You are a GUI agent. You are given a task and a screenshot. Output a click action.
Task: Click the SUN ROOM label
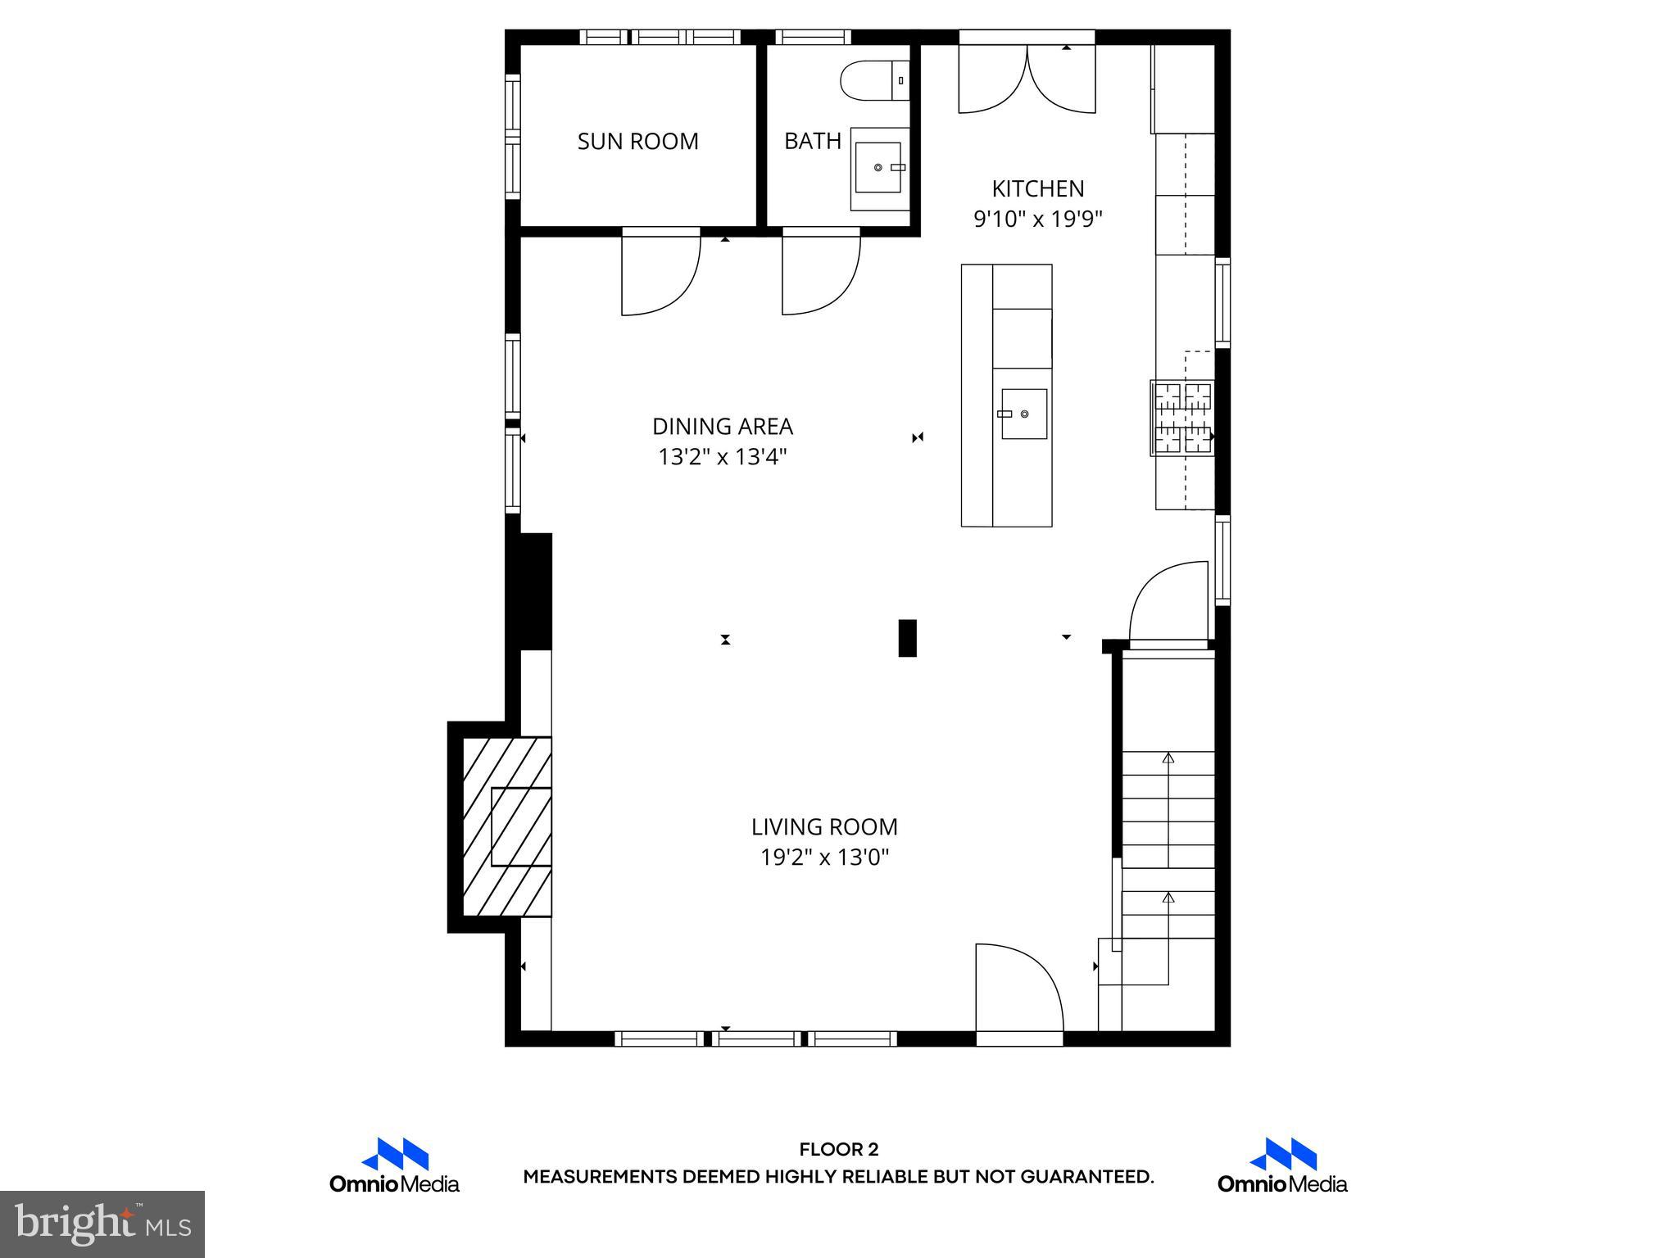[637, 141]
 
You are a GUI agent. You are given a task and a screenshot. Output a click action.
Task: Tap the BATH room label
[812, 141]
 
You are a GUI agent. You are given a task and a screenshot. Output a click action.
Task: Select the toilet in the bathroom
[873, 81]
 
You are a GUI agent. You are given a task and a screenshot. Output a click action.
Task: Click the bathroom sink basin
[878, 167]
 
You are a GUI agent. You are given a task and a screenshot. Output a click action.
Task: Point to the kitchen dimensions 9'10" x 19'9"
[1037, 219]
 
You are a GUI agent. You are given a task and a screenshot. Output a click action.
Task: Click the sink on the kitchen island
[1023, 414]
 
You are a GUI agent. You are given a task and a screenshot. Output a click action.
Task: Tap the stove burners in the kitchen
[1182, 418]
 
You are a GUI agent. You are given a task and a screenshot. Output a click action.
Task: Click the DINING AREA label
[722, 427]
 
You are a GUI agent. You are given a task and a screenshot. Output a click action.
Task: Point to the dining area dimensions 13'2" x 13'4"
[722, 457]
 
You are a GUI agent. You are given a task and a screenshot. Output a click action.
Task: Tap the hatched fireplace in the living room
[506, 826]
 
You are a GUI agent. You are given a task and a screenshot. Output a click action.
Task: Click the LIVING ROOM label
[823, 826]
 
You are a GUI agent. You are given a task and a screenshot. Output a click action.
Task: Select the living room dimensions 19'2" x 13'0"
[823, 858]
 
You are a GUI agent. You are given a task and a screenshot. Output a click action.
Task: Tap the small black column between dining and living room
[907, 638]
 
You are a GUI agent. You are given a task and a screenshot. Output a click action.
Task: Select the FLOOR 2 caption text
[838, 1150]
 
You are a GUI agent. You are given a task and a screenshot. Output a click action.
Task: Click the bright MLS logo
[102, 1224]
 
